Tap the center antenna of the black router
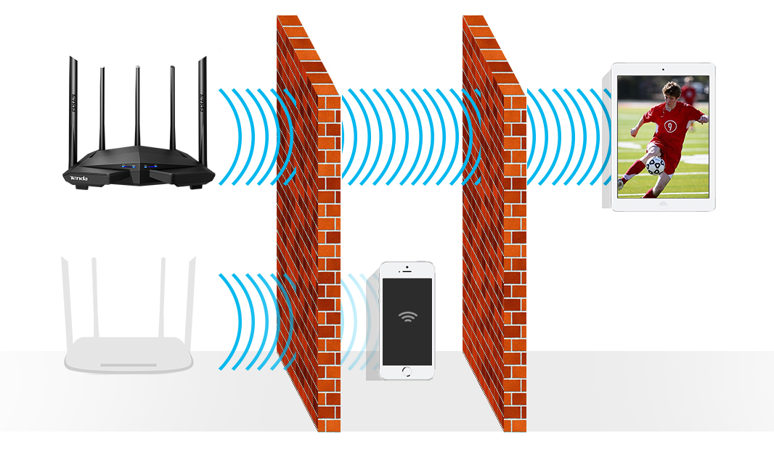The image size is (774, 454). pos(137,109)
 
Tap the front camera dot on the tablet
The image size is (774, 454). pos(663,70)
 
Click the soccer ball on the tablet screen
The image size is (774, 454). pos(655,165)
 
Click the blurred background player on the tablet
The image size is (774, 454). pos(688,90)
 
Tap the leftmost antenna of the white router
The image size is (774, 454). pos(66,297)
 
